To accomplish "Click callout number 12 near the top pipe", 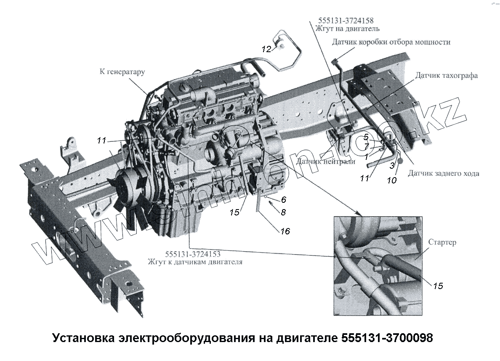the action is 266,49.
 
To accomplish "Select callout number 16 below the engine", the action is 285,231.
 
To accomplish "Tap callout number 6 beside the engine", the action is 283,200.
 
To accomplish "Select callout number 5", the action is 366,137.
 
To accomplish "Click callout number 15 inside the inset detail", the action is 438,286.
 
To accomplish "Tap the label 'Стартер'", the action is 442,243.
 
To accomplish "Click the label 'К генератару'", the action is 122,72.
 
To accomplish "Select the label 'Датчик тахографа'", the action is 447,75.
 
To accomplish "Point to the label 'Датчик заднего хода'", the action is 443,173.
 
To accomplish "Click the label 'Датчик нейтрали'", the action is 325,161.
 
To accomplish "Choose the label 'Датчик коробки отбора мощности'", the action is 391,42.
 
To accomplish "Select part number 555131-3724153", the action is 193,254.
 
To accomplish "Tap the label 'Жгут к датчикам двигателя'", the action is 195,262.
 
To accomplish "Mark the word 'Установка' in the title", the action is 82,338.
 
